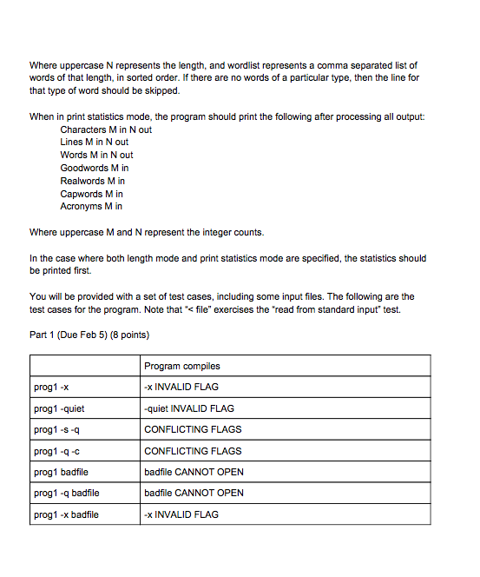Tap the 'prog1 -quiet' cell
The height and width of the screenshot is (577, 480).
click(58, 408)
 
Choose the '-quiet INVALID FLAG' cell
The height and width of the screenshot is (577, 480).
click(188, 408)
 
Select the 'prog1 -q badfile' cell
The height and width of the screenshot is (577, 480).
click(66, 493)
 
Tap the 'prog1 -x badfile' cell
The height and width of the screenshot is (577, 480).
click(65, 514)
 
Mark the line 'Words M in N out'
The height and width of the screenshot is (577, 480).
click(96, 155)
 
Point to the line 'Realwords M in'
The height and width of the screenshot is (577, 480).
click(92, 181)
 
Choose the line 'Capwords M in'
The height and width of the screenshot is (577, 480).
click(91, 194)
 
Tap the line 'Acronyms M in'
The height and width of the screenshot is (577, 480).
click(90, 206)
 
